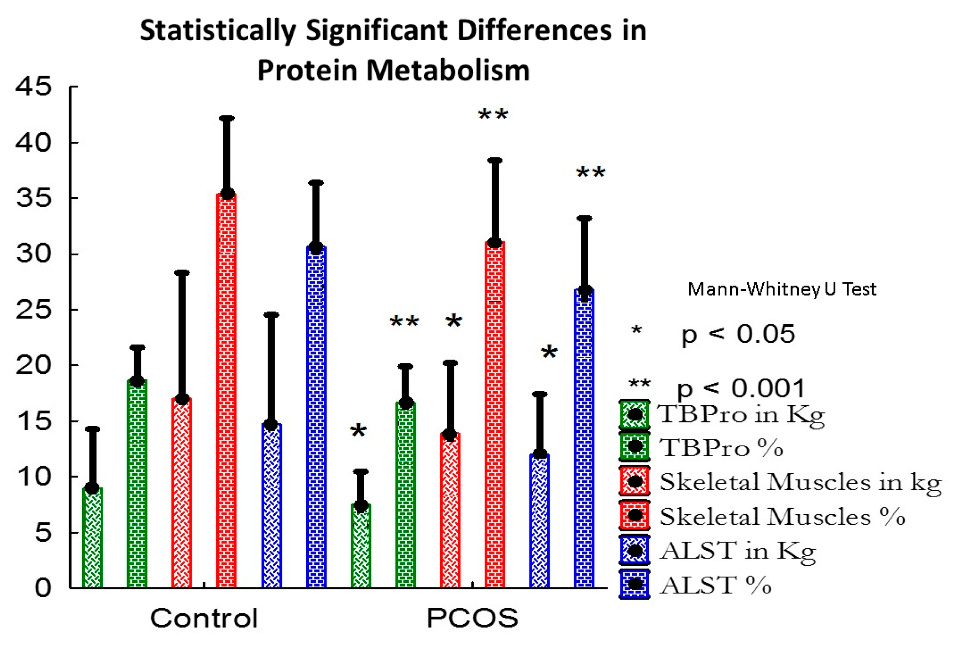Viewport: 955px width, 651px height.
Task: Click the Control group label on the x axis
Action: pyautogui.click(x=204, y=618)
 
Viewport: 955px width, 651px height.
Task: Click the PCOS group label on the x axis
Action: pyautogui.click(x=472, y=618)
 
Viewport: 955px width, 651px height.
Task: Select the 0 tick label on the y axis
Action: pyautogui.click(x=43, y=588)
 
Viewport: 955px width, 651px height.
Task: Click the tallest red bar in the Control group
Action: pyautogui.click(x=227, y=390)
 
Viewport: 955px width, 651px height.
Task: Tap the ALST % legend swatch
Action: pyautogui.click(x=635, y=584)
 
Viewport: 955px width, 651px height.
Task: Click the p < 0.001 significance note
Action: pyautogui.click(x=740, y=388)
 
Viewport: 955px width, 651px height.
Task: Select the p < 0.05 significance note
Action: pyautogui.click(x=738, y=334)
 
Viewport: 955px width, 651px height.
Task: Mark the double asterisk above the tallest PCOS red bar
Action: pyautogui.click(x=493, y=115)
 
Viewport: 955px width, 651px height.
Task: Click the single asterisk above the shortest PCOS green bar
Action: pyautogui.click(x=358, y=431)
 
